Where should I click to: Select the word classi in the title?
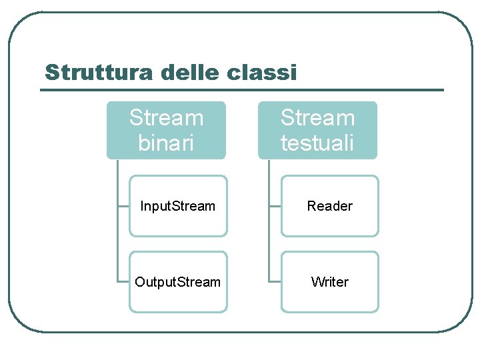261,72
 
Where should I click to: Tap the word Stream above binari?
166,118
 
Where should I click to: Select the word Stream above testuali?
317,118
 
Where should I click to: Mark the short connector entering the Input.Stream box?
123,206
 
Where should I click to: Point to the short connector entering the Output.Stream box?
123,282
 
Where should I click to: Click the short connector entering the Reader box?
275,206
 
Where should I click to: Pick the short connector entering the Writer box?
275,282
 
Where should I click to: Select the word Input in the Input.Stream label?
154,206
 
